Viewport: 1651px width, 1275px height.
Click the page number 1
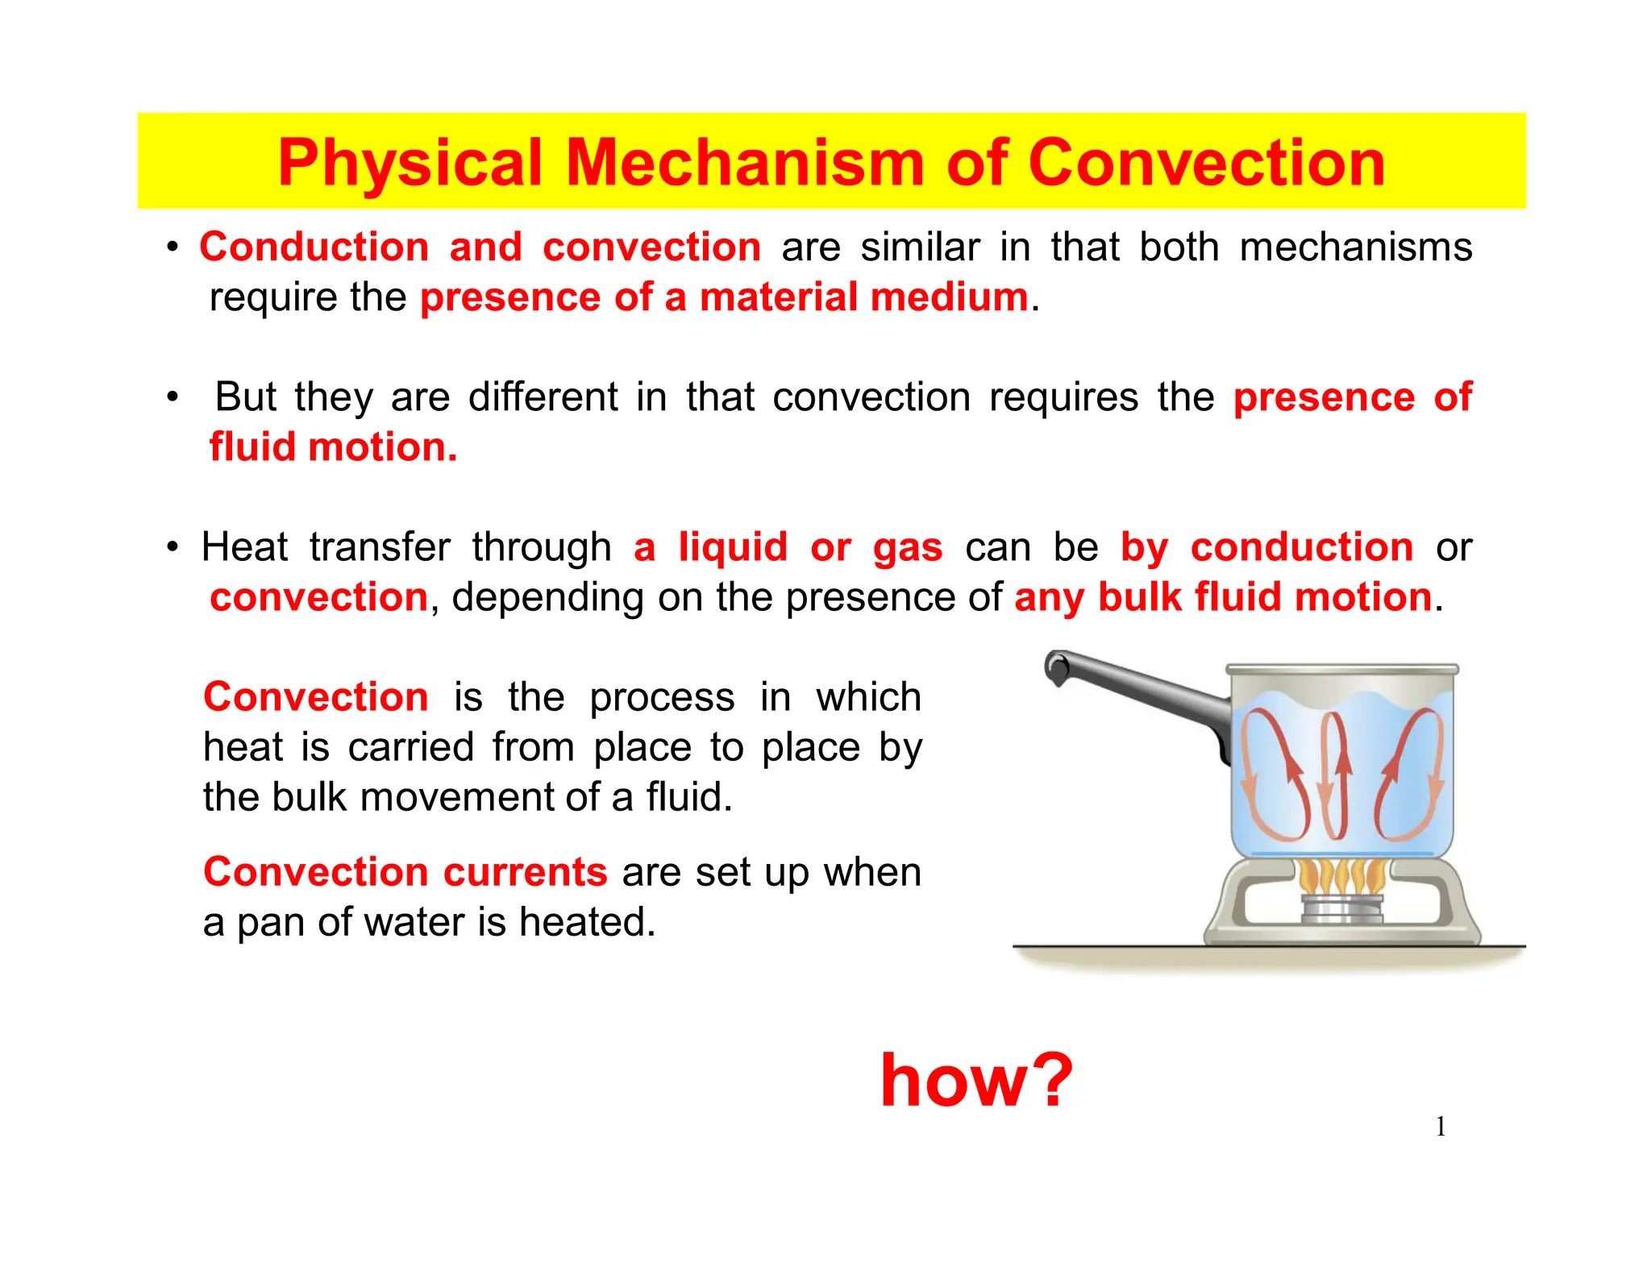click(1440, 1127)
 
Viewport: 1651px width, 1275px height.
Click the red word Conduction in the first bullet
click(314, 247)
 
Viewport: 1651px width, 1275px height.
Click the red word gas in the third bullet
click(907, 548)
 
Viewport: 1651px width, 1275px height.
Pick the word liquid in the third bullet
click(732, 548)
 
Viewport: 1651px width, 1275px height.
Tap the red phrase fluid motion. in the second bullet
click(333, 447)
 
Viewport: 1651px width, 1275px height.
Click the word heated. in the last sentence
click(587, 922)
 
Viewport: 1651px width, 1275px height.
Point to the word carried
click(411, 747)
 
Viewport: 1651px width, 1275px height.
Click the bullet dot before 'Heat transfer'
click(173, 548)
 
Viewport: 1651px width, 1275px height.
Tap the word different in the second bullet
click(543, 397)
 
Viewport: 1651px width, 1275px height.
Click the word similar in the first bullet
click(920, 247)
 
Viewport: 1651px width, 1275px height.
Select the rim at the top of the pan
click(1341, 670)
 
